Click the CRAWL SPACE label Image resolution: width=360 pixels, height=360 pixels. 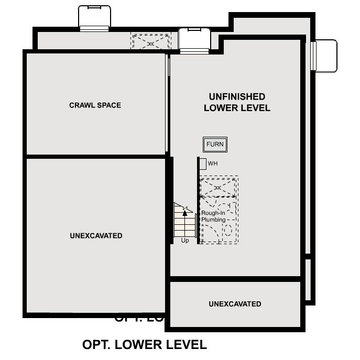coord(95,105)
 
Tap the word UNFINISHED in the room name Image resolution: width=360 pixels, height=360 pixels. coord(237,97)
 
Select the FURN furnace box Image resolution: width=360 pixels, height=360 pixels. coord(215,145)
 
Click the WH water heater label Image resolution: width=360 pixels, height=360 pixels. coord(213,163)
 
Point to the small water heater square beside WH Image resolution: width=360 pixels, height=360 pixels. coord(203,163)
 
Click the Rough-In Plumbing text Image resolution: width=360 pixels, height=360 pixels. coord(213,216)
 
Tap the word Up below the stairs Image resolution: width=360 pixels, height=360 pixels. coord(185,241)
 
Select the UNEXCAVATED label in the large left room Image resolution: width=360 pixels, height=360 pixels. coord(96,236)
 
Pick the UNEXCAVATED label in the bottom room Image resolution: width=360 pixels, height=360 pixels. coord(235,304)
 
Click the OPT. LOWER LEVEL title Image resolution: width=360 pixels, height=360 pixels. coord(145,345)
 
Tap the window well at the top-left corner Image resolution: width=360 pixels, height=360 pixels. coord(94,17)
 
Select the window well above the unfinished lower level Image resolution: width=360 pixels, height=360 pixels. coord(194,40)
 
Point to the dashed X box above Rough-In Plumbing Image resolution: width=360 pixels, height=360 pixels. coord(219,187)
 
